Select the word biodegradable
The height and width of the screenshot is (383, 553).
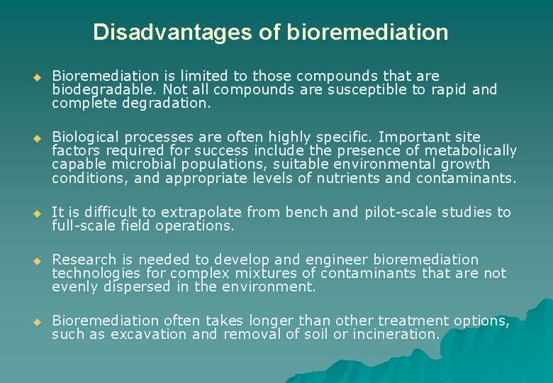[x=104, y=89]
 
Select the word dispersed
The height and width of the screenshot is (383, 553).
[x=135, y=287]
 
